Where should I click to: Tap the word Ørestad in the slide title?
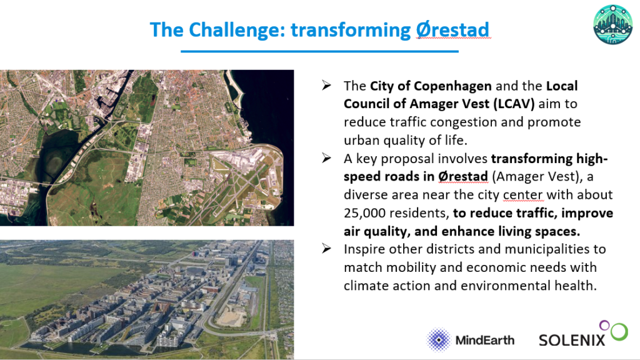pos(452,30)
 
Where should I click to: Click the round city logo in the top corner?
pos(612,24)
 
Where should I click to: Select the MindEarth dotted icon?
pos(439,339)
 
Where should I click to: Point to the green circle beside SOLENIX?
pos(619,332)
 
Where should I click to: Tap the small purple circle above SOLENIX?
pos(604,325)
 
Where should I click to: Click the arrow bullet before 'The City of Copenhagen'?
pos(326,85)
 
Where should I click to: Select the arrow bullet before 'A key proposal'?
pos(326,158)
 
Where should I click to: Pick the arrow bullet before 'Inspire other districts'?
pos(326,248)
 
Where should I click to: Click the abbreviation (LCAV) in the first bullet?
pos(514,104)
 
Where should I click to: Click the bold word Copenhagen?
pos(452,86)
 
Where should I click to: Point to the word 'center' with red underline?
pos(523,195)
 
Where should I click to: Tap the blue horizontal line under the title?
pos(319,51)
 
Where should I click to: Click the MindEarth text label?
pos(485,340)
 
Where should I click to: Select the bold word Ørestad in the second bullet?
pos(463,176)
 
